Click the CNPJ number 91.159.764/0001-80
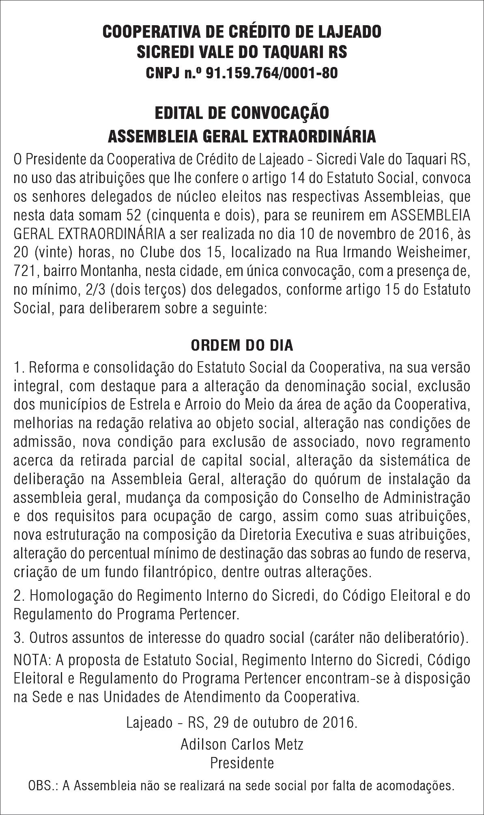coord(271,73)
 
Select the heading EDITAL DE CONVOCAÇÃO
coord(242,113)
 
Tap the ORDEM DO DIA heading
coord(242,345)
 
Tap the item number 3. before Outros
coord(19,638)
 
